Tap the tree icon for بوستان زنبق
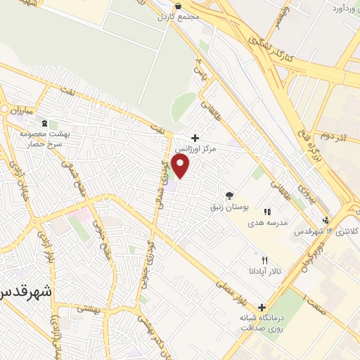point(229,195)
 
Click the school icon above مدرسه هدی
point(266,212)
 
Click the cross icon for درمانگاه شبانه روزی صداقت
point(262,307)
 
